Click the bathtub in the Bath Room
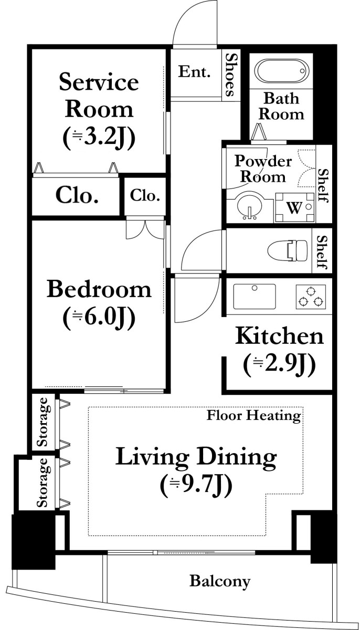(282, 70)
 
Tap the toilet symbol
(287, 250)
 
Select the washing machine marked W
(294, 207)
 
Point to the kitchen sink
(255, 297)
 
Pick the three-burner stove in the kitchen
(311, 297)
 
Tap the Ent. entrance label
(195, 71)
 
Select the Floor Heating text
(254, 415)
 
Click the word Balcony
(220, 581)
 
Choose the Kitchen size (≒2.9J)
(279, 365)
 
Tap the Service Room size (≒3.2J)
(99, 137)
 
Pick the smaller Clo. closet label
(145, 195)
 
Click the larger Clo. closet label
(77, 195)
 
